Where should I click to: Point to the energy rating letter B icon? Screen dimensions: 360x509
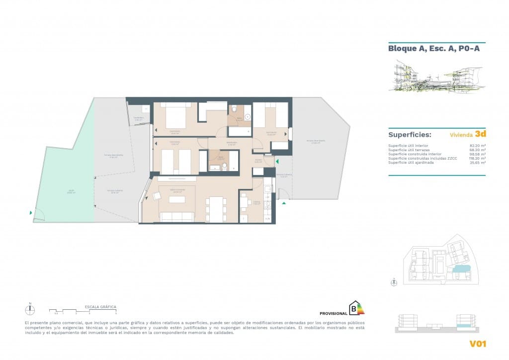pos(355,309)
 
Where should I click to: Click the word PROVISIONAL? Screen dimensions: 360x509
pos(333,313)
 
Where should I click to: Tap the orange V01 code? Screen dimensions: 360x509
pos(477,344)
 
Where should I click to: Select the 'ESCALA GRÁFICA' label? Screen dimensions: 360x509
pos(101,307)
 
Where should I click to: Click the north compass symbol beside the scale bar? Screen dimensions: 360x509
pos(30,310)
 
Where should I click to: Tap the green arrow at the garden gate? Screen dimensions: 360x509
pos(31,213)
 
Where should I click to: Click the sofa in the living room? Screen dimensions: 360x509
pos(176,217)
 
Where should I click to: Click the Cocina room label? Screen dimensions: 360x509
pos(256,203)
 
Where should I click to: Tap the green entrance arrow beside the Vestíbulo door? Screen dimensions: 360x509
pos(277,162)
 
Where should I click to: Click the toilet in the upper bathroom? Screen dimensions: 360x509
pos(235,109)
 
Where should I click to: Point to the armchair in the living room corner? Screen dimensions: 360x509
pos(157,196)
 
